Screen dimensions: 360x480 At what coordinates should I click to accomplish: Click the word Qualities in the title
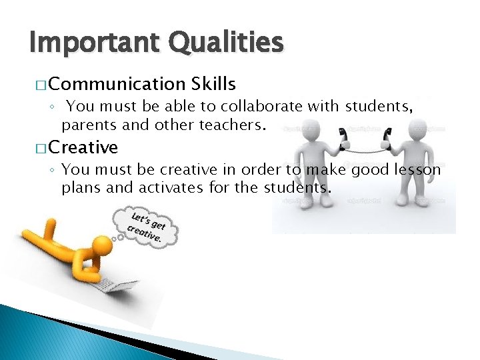pos(227,43)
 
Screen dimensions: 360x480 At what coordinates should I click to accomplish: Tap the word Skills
pos(213,84)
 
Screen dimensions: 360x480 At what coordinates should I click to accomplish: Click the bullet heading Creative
pos(83,147)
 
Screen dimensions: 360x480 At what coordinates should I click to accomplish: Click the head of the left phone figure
pos(313,134)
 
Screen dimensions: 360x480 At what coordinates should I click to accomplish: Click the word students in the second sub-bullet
pos(295,187)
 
